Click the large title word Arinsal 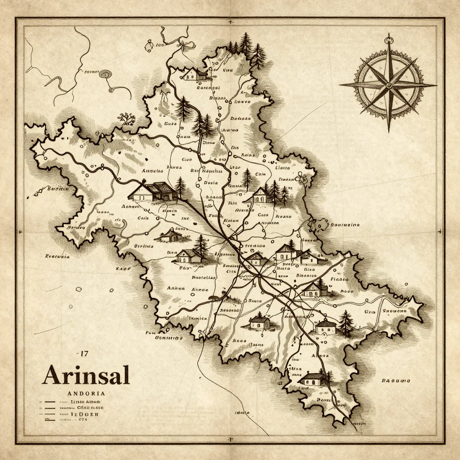(86, 375)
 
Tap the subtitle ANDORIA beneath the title (85, 394)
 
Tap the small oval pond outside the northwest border (106, 74)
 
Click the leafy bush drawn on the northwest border (127, 119)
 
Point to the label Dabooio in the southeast (396, 380)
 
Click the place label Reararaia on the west (57, 257)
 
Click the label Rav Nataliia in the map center (206, 171)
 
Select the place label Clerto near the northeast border (282, 168)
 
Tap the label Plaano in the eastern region (339, 279)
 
